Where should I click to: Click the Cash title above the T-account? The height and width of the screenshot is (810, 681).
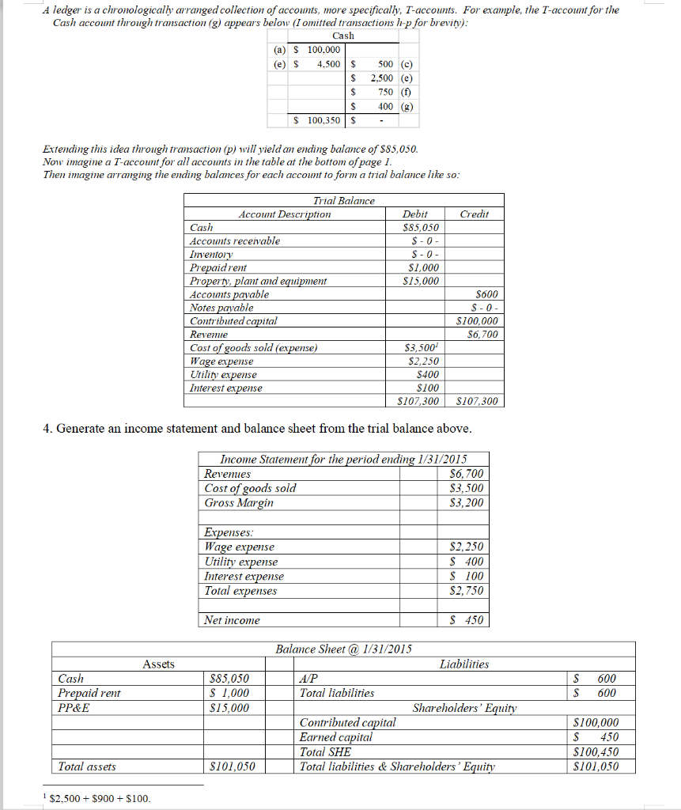(x=343, y=36)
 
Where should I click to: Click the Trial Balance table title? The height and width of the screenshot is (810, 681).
(x=344, y=201)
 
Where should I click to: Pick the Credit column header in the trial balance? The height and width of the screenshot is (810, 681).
(x=474, y=214)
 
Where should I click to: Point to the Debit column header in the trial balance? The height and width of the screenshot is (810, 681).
(x=415, y=214)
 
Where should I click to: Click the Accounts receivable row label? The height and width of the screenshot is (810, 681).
(x=235, y=241)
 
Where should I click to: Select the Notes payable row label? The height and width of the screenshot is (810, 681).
(x=221, y=308)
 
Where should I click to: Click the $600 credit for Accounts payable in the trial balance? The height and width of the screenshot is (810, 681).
(x=486, y=294)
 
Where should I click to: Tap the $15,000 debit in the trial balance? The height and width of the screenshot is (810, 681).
(x=421, y=281)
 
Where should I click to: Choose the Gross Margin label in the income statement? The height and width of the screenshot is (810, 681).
(x=239, y=503)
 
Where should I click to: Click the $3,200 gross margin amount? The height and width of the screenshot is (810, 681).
(x=466, y=503)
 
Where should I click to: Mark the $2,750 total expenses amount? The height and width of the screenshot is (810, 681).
(x=466, y=591)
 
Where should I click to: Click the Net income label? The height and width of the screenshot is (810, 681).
(x=232, y=621)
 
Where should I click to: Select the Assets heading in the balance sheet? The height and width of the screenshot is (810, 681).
(x=158, y=664)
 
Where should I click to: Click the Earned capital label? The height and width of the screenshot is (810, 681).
(x=336, y=737)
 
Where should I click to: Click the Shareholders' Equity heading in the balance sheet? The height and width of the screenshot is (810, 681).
(x=464, y=708)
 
